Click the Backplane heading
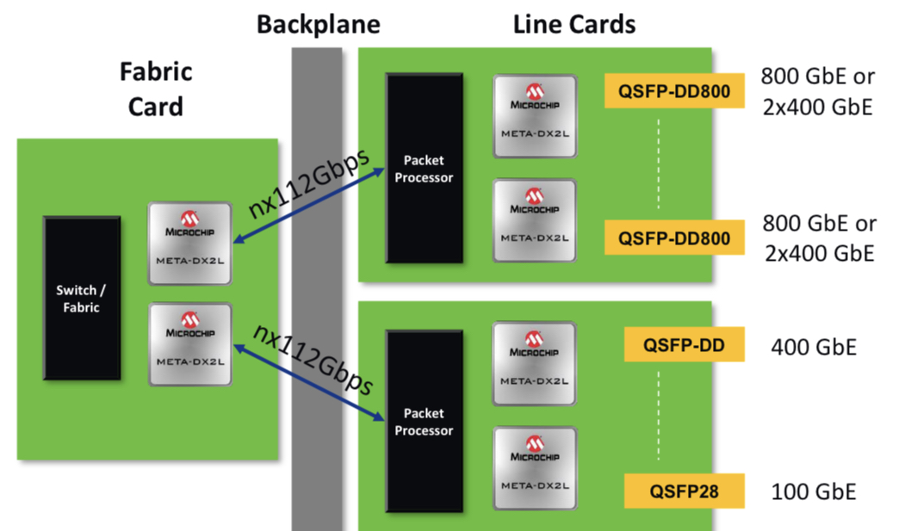click(x=318, y=23)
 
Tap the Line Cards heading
click(x=574, y=23)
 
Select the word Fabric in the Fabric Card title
click(x=156, y=71)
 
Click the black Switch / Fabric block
click(x=82, y=298)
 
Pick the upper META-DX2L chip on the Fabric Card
click(x=189, y=244)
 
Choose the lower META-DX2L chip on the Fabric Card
click(x=189, y=343)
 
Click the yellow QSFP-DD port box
click(x=684, y=346)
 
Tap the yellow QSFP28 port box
click(x=684, y=492)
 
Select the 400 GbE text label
click(x=814, y=347)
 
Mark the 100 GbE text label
click(x=814, y=492)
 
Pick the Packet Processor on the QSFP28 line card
click(x=424, y=423)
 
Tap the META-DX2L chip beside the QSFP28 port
click(x=534, y=468)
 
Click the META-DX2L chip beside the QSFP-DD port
click(x=534, y=362)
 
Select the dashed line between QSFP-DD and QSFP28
click(x=660, y=419)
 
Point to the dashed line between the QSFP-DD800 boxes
click(x=660, y=164)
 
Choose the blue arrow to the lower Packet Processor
click(x=307, y=380)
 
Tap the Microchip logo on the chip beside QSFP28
click(x=534, y=448)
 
